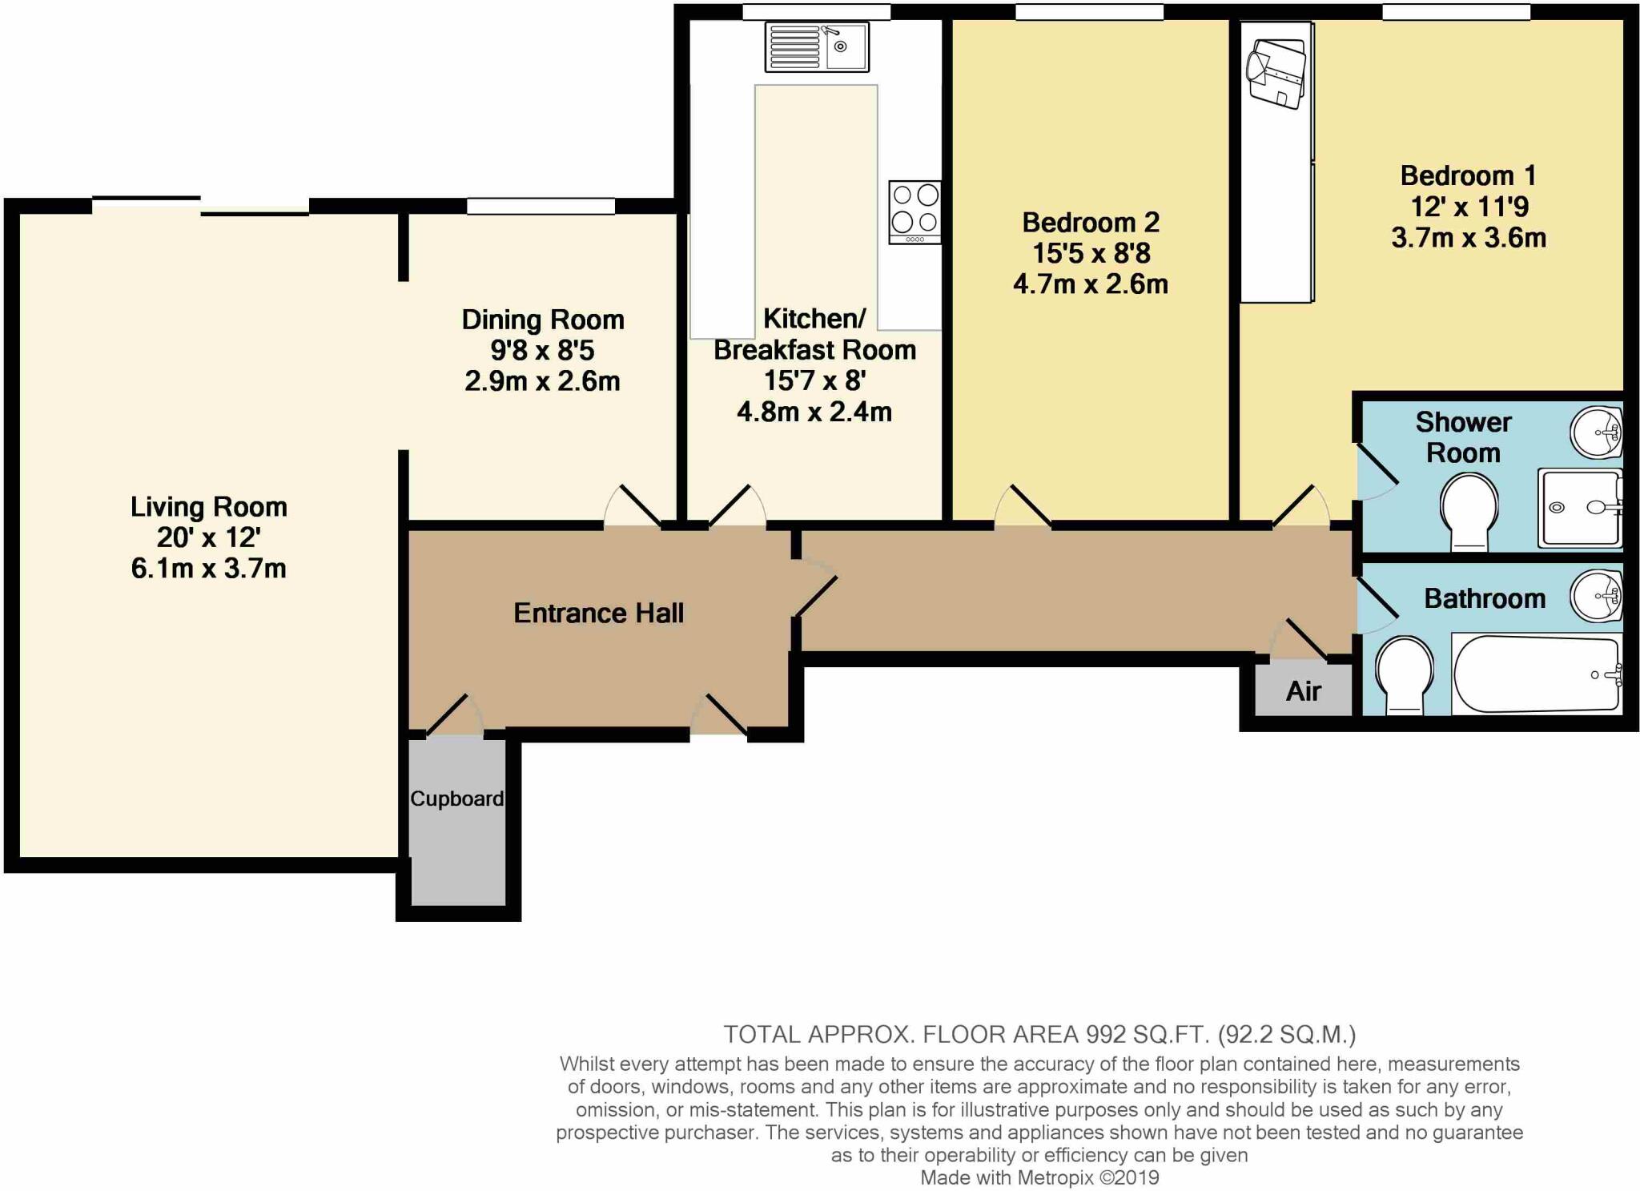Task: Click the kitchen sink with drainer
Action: [x=817, y=46]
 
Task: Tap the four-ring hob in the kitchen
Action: [x=914, y=211]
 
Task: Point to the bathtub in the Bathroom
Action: [x=1536, y=674]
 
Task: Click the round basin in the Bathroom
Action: [x=1596, y=597]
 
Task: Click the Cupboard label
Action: [x=456, y=799]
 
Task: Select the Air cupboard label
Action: [x=1303, y=691]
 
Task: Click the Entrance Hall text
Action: [x=598, y=614]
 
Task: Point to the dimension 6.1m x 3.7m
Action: [x=208, y=569]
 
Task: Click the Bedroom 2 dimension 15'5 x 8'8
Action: [x=1091, y=253]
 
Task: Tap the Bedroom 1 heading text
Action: [x=1468, y=175]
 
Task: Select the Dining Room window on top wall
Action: [x=541, y=207]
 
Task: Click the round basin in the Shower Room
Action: [x=1596, y=433]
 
